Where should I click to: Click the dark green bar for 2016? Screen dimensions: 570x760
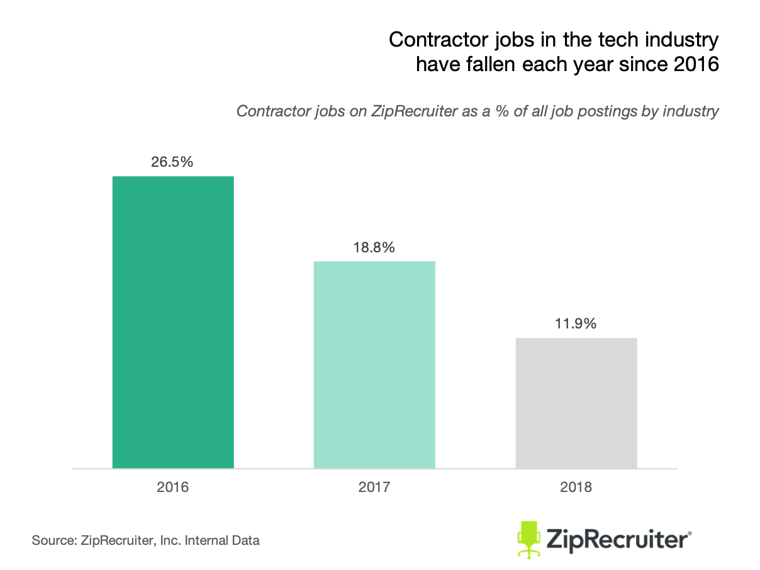pos(173,322)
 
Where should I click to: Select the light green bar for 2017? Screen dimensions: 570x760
pos(374,364)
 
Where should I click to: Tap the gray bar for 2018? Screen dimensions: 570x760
pos(576,403)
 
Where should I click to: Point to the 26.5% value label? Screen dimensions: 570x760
pos(172,161)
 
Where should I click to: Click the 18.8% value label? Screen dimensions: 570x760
pos(374,247)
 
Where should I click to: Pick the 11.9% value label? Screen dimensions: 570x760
pos(576,325)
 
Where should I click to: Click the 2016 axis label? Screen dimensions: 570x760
pos(173,487)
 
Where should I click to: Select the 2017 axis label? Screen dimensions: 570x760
pos(374,487)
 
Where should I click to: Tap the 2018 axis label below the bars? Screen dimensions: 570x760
pos(576,487)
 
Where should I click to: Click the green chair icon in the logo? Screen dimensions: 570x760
pos(529,539)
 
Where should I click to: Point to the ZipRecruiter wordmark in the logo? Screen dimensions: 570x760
pos(620,540)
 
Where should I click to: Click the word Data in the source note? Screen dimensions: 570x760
pos(246,540)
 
